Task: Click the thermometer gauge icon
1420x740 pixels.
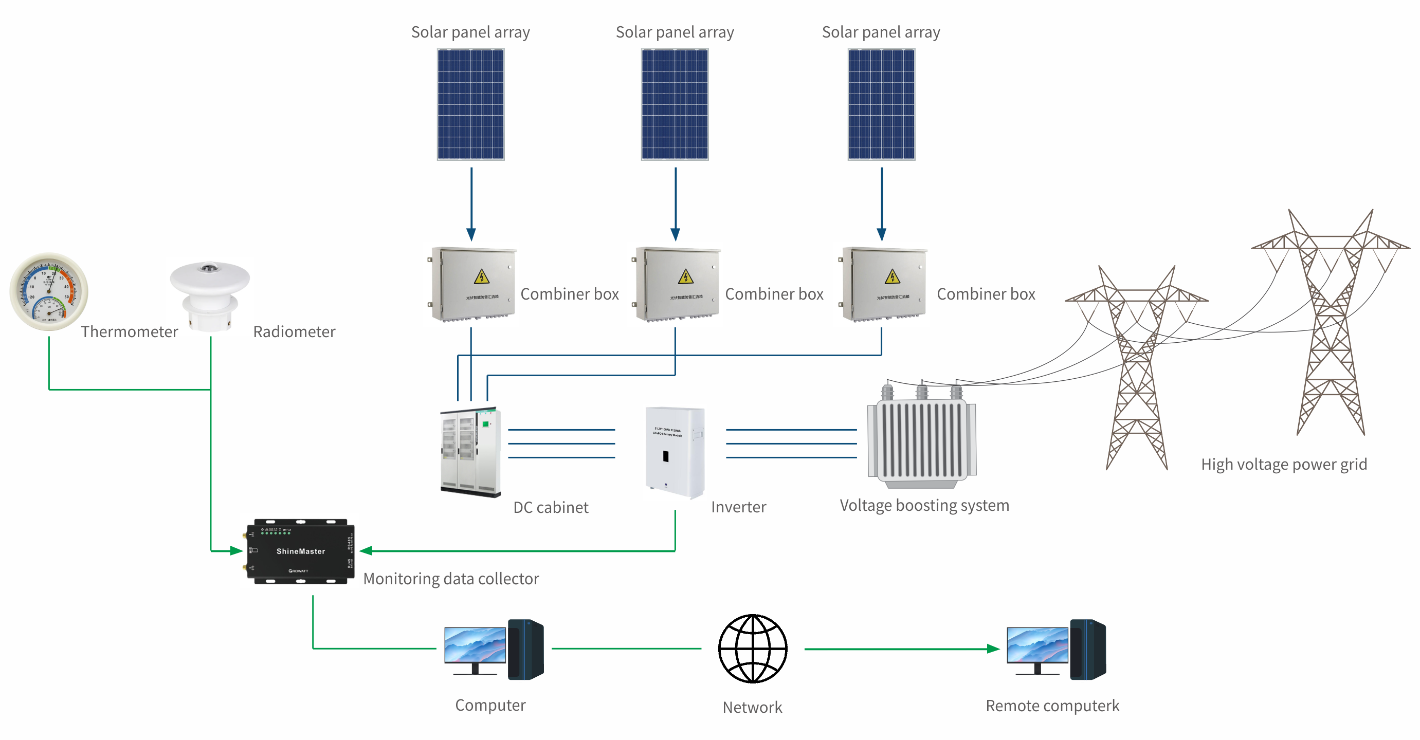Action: click(48, 291)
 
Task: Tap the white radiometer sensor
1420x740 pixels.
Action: click(209, 295)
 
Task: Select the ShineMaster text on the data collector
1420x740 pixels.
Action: click(300, 551)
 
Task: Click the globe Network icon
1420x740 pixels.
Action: click(753, 649)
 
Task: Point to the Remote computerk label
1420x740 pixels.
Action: click(1052, 706)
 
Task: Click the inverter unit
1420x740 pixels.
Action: click(675, 452)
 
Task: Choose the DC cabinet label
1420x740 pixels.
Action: click(551, 508)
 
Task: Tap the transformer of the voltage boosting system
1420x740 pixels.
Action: click(922, 441)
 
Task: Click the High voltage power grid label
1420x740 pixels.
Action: click(1284, 465)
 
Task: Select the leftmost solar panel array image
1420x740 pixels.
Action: click(471, 104)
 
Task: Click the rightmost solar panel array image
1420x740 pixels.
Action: click(881, 104)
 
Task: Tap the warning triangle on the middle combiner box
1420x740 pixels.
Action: click(685, 276)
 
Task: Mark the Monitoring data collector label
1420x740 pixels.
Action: click(451, 579)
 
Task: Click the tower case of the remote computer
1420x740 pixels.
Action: click(1087, 649)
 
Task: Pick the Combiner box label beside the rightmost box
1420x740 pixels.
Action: click(986, 294)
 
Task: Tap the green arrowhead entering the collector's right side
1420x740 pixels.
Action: click(366, 550)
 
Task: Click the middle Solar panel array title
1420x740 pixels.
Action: click(675, 32)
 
